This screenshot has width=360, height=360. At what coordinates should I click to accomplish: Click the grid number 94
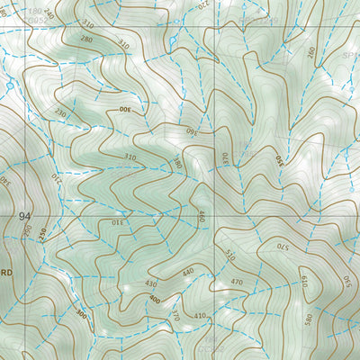coord(23,216)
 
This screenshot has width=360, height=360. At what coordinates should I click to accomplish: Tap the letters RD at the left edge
coord(7,272)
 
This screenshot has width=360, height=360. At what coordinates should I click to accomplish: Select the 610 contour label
coord(304,280)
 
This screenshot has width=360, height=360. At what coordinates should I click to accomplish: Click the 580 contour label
coord(310,318)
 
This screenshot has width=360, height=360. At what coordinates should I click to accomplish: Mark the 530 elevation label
coord(347,286)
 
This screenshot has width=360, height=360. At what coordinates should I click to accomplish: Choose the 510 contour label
coord(230,256)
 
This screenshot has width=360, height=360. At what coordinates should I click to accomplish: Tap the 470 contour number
coord(238,283)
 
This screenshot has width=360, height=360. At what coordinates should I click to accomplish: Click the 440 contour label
coord(188,272)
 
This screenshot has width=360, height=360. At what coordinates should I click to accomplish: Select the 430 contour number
coord(150,283)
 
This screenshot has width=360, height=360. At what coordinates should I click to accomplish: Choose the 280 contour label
coord(86,40)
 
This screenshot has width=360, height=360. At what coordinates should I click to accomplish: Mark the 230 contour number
coord(61,113)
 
